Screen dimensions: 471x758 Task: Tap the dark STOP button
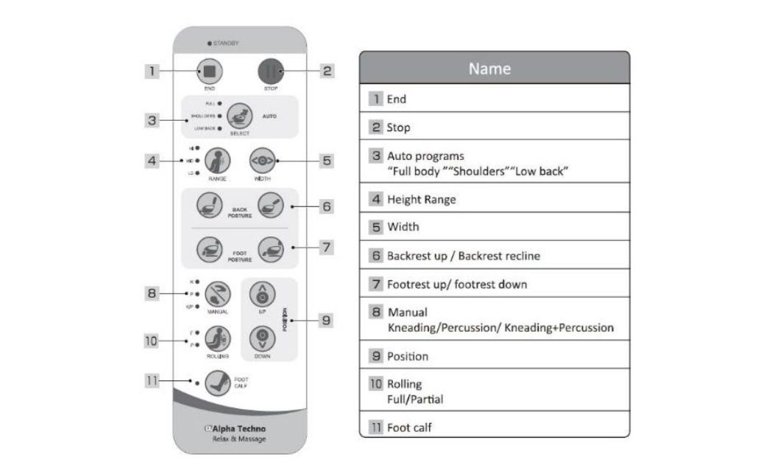270,71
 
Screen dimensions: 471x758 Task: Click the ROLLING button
218,337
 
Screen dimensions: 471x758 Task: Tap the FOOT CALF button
217,382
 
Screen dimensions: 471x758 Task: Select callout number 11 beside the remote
151,381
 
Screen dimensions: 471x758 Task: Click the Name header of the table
494,68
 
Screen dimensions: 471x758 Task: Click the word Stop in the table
398,128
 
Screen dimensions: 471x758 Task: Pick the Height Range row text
422,199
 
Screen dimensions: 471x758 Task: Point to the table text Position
408,356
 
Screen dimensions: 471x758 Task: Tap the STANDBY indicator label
227,43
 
